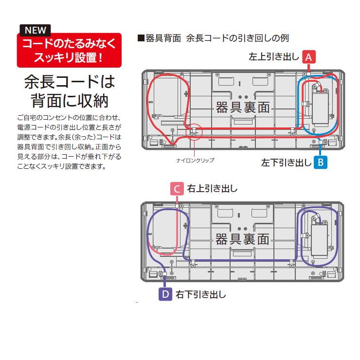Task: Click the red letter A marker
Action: (308, 56)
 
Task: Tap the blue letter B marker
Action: (320, 162)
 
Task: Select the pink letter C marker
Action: (177, 188)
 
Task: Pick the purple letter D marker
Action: (165, 294)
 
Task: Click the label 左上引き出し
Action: (273, 57)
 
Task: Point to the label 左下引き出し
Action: (286, 162)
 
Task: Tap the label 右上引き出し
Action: (212, 188)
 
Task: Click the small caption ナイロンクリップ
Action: (196, 159)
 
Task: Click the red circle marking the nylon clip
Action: (194, 132)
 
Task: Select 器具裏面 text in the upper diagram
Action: (243, 107)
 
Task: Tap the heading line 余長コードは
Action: (70, 81)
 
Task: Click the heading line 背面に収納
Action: (70, 101)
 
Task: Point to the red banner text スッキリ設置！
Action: (69, 57)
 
